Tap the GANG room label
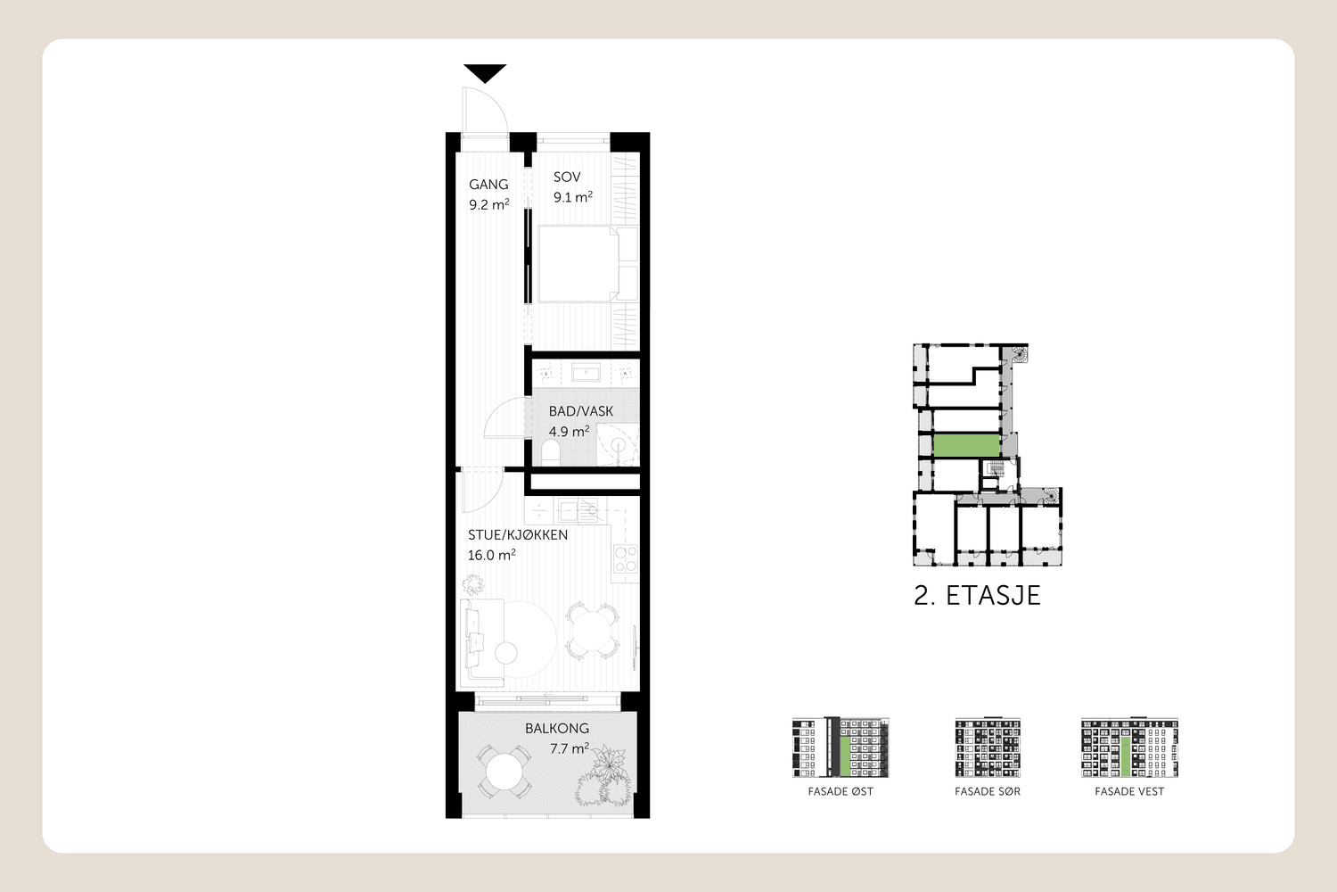click(x=488, y=185)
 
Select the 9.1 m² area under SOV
click(x=572, y=196)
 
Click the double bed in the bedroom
click(x=587, y=263)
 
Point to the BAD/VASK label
click(x=581, y=411)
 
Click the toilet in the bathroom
click(x=550, y=452)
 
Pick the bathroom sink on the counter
click(x=586, y=374)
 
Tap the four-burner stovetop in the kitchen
click(x=626, y=559)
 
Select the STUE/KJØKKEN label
click(x=518, y=534)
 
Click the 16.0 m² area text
click(x=491, y=555)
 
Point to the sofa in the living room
click(x=481, y=643)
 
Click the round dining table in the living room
click(x=590, y=631)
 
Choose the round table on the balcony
click(x=504, y=772)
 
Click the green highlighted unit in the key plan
click(x=966, y=446)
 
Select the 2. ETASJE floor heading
click(x=977, y=596)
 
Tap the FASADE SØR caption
click(x=988, y=791)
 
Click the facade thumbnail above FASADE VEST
click(x=1129, y=747)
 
